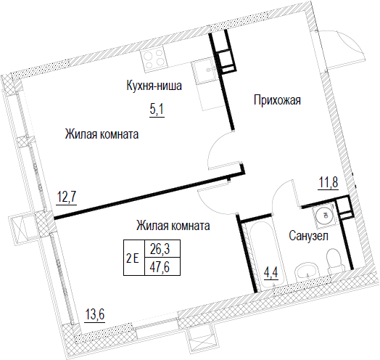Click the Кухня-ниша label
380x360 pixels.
(154, 86)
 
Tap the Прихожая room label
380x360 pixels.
(277, 100)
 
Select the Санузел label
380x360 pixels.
(308, 236)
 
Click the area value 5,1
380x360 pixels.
(157, 110)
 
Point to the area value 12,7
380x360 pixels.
(67, 197)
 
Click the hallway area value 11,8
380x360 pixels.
(328, 182)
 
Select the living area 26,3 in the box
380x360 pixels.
(160, 249)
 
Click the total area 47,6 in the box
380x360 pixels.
(160, 266)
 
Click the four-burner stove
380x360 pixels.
(154, 59)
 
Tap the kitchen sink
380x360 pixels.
(205, 72)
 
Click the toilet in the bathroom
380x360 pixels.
(335, 261)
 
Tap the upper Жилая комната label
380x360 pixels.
(102, 134)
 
